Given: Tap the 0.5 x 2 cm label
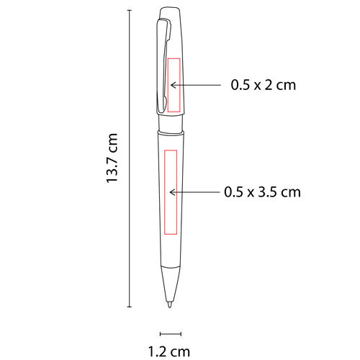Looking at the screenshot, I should click(x=263, y=84).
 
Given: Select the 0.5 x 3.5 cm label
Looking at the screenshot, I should click(x=262, y=192).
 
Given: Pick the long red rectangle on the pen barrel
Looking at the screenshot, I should click(x=171, y=193).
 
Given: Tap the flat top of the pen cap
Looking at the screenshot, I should click(x=171, y=8).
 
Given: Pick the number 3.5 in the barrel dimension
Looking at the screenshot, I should click(x=267, y=192).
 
